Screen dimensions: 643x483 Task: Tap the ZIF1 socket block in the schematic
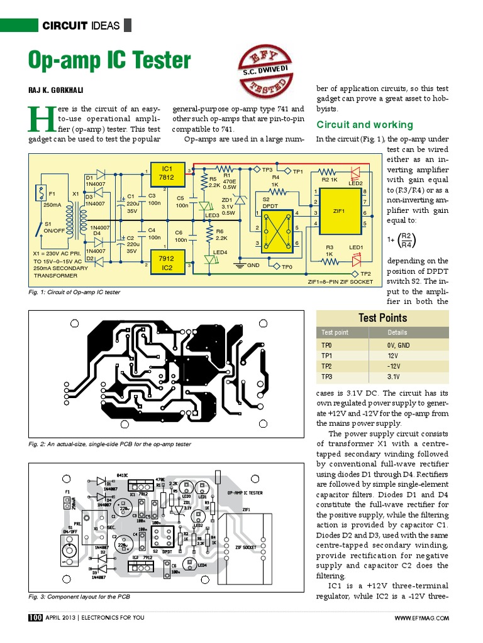coord(339,211)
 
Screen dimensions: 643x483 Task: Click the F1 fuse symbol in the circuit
coord(42,192)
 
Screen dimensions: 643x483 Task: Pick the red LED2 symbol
coord(354,171)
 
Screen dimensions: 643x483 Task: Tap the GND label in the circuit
coord(253,266)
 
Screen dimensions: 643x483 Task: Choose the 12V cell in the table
coord(393,355)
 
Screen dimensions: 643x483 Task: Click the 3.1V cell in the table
coord(394,377)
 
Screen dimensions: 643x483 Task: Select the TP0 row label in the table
coord(326,345)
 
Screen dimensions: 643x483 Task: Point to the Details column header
coord(397,333)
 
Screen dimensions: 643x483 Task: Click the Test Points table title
coord(382,318)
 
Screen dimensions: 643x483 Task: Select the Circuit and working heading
coord(365,124)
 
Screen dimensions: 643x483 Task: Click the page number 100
coord(35,618)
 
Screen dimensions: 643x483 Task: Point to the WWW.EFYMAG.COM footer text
coord(421,619)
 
